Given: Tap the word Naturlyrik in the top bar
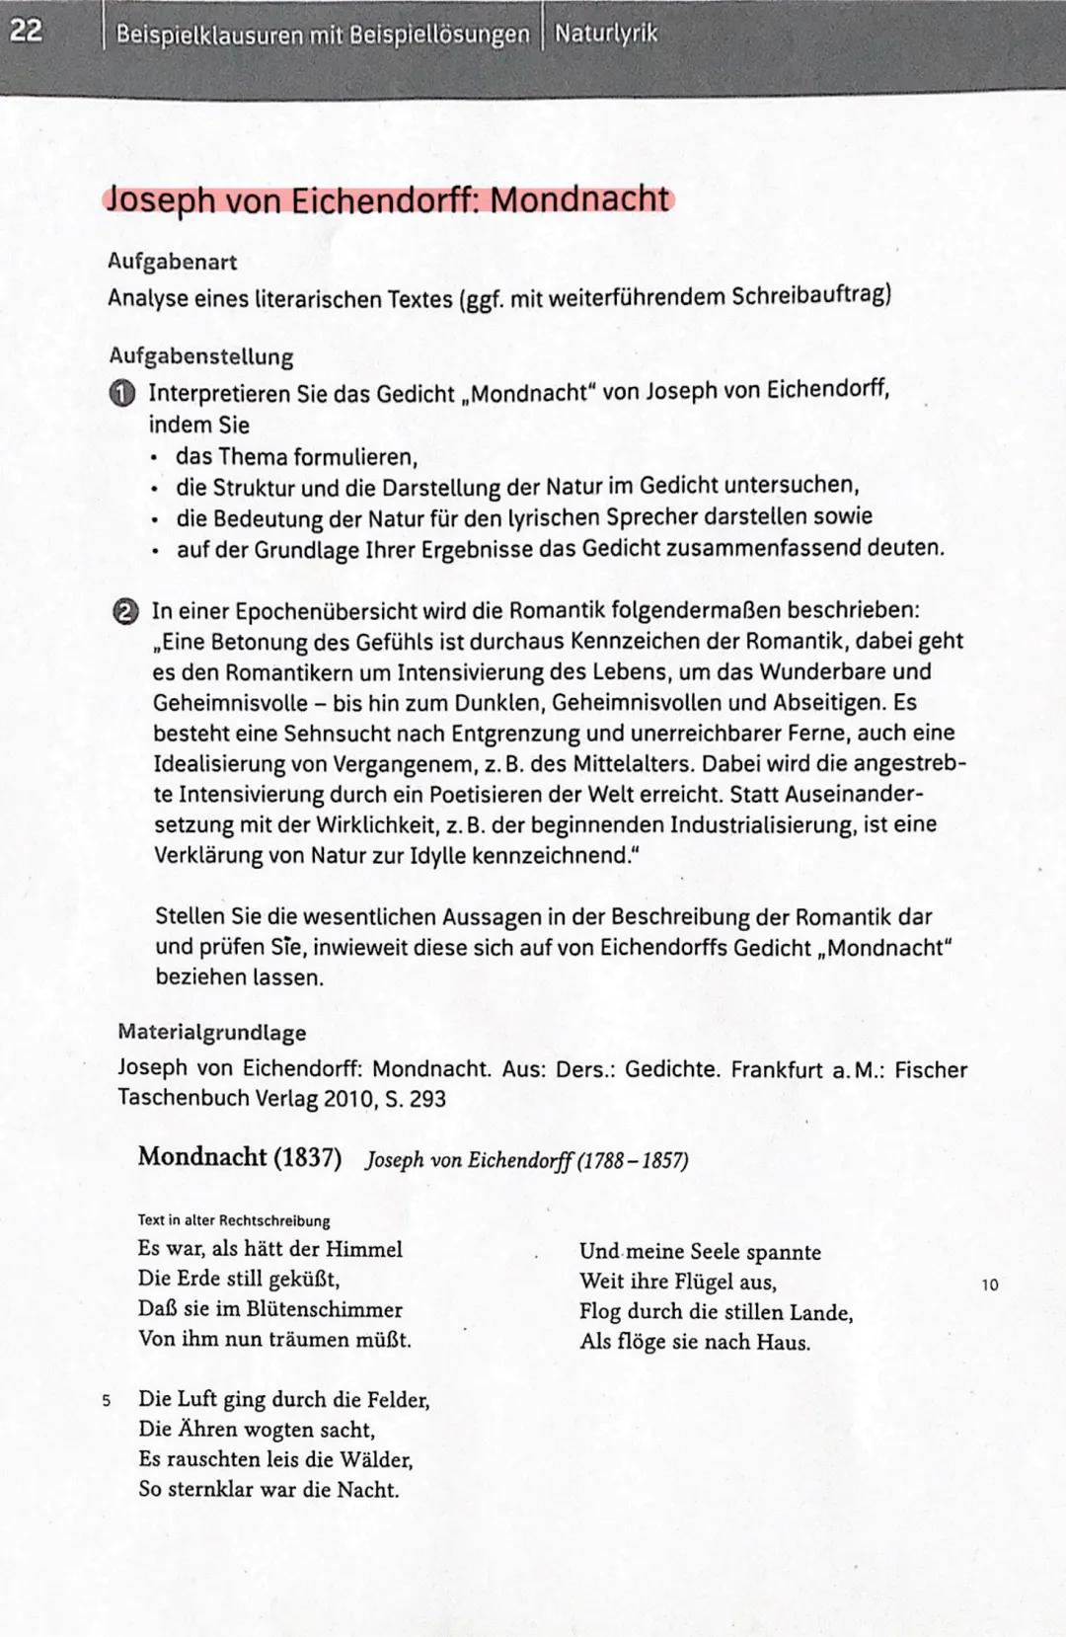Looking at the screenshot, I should [x=605, y=34].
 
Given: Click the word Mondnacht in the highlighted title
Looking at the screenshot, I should [x=579, y=199].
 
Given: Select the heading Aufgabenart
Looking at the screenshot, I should [x=172, y=263].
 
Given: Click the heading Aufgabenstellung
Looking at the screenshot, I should [x=200, y=356].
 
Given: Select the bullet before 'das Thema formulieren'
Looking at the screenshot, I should [x=154, y=458].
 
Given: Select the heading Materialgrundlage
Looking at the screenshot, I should [x=211, y=1033].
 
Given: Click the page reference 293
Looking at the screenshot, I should [x=427, y=1099].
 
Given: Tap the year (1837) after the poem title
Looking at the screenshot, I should [x=306, y=1157].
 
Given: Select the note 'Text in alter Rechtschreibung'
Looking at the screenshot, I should [x=234, y=1221].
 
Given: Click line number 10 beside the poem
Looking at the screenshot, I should [x=990, y=1285].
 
